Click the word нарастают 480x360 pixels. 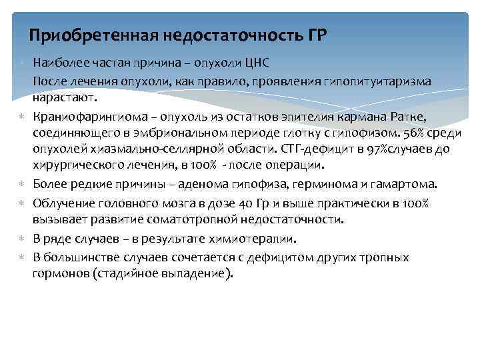point(65,99)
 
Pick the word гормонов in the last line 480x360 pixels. point(59,274)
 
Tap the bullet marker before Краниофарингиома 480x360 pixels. point(21,117)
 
